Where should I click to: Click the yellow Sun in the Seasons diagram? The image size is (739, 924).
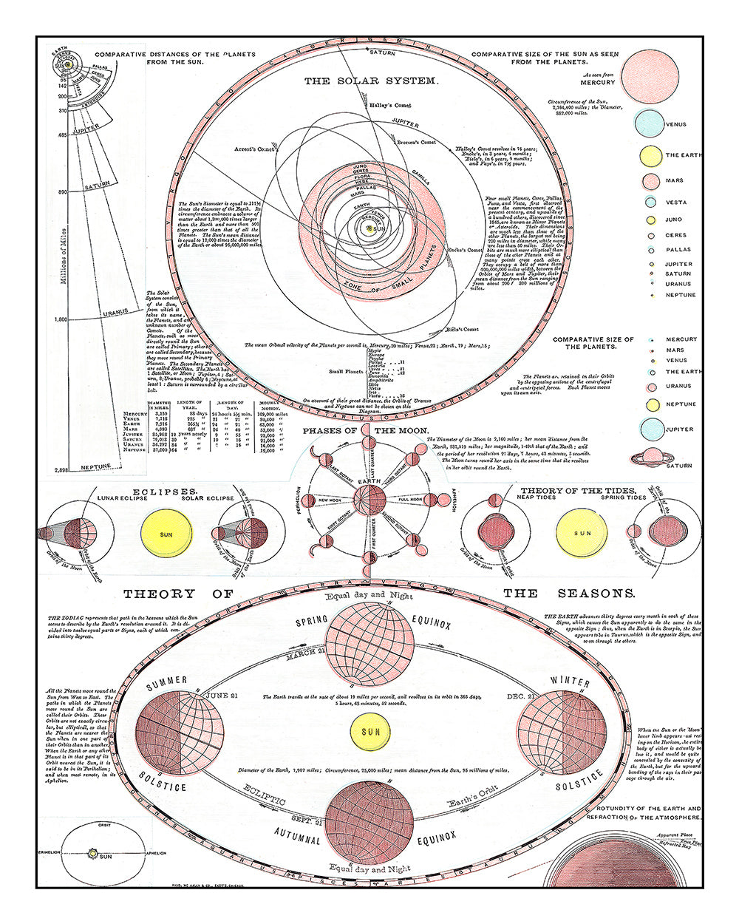point(369,732)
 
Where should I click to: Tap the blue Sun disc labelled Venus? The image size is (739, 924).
point(650,124)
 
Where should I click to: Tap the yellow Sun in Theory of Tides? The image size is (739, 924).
point(583,534)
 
